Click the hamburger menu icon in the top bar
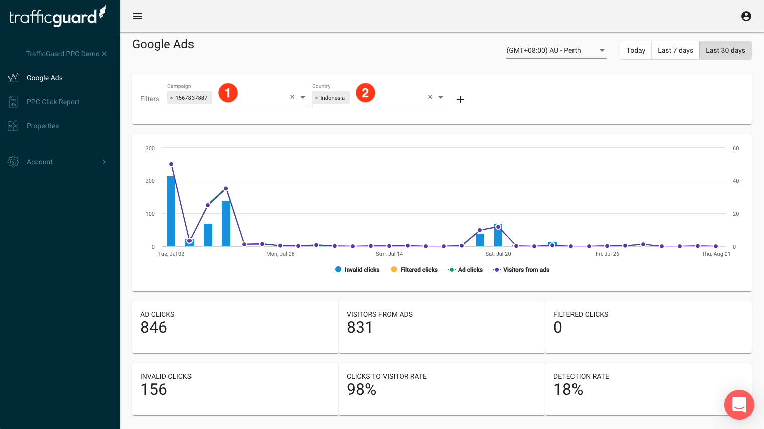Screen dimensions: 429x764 138,16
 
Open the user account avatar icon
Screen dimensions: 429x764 746,16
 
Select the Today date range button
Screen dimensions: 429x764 636,50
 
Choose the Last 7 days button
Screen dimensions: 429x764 675,50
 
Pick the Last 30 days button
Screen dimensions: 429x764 725,50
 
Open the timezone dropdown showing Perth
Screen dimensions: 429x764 556,50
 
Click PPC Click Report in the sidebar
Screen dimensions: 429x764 53,102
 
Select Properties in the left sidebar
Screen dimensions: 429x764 43,126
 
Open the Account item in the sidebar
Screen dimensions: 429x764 40,162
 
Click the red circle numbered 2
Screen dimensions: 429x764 365,93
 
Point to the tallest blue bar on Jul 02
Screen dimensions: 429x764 171,211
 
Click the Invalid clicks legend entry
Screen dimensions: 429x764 357,270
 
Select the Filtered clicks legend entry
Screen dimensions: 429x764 414,270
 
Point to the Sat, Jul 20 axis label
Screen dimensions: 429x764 498,254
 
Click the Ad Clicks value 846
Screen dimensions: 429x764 154,327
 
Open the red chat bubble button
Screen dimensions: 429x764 739,404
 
